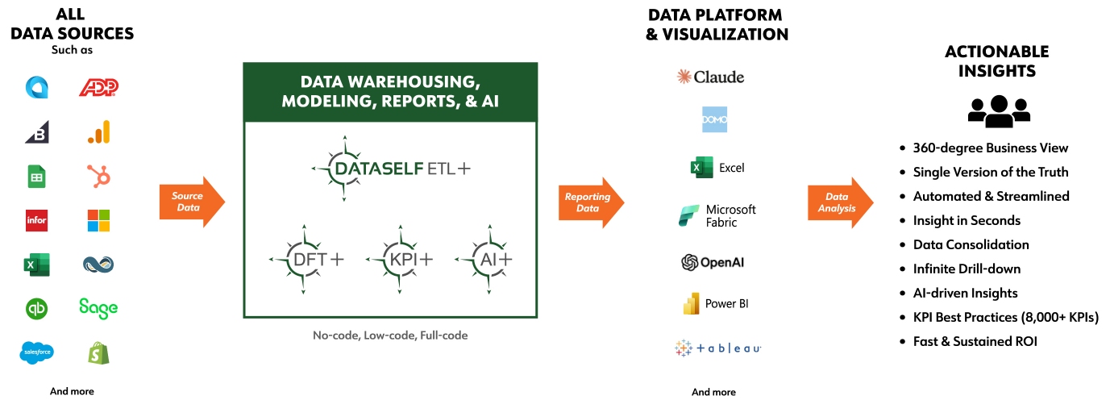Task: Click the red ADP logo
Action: pos(98,87)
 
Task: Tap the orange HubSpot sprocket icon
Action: pos(98,176)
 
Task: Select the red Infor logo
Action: pos(36,221)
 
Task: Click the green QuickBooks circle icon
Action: pos(36,309)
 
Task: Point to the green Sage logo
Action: pos(98,308)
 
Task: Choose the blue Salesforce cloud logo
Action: pos(36,352)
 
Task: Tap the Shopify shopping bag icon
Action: pos(98,353)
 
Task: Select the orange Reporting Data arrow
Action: pos(591,202)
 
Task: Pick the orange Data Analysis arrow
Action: pos(841,202)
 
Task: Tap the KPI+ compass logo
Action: pos(400,259)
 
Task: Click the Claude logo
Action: pos(711,77)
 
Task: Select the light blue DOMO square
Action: pos(714,119)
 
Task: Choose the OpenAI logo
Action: pos(713,262)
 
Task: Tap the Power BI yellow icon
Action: pos(692,303)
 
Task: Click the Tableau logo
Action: pos(717,348)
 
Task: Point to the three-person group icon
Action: pos(999,111)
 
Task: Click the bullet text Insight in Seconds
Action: pos(967,221)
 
